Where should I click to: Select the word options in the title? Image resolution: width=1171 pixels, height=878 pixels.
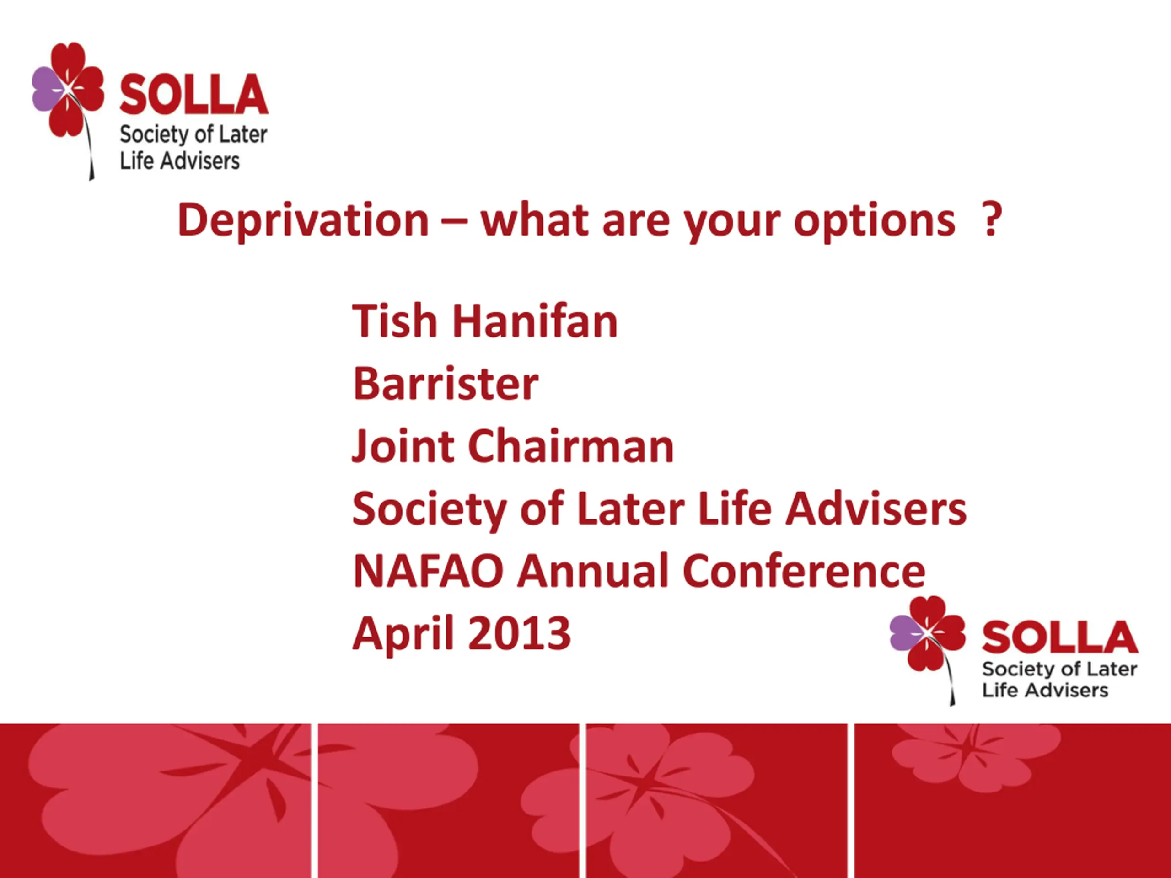(x=875, y=223)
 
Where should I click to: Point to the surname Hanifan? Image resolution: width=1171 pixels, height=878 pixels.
(x=535, y=321)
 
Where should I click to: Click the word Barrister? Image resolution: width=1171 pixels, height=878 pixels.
(x=446, y=383)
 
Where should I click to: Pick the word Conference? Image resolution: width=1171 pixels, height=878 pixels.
(x=804, y=571)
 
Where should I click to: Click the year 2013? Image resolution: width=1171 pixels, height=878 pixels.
(x=519, y=633)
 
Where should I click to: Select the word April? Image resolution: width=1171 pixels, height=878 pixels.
(x=403, y=635)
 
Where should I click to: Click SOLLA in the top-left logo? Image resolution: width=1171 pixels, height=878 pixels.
(x=194, y=95)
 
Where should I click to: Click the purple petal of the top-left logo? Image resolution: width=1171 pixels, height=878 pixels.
(x=47, y=89)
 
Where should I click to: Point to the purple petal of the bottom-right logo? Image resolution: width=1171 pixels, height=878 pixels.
(x=906, y=632)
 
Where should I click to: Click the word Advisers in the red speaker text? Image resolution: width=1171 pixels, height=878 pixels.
(x=876, y=509)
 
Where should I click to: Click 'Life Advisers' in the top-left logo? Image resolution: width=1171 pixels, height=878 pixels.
(x=179, y=161)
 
